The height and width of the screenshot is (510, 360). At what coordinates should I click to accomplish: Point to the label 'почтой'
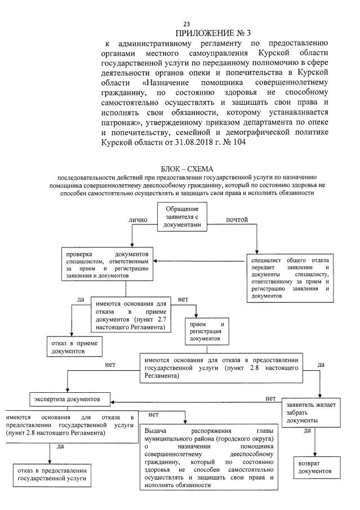click(237, 219)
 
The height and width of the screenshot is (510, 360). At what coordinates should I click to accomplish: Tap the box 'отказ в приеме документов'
click(73, 346)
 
